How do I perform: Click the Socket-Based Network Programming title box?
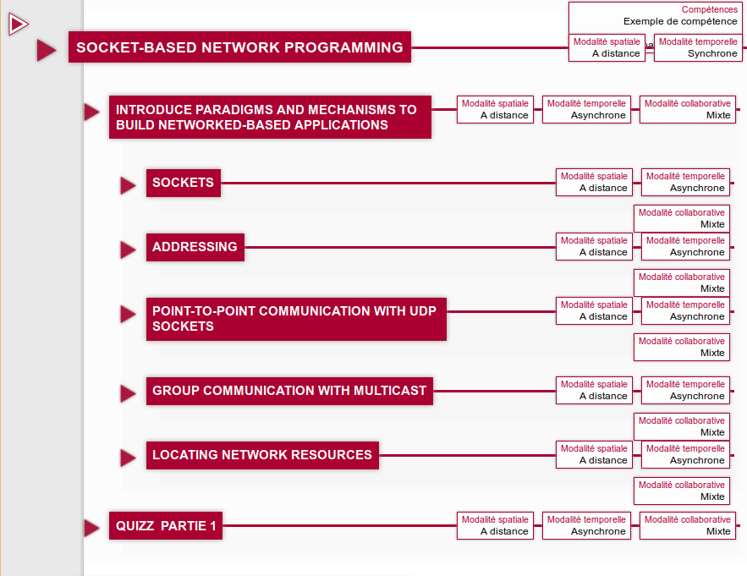pyautogui.click(x=239, y=47)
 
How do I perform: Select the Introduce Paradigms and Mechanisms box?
pyautogui.click(x=270, y=118)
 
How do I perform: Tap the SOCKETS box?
pyautogui.click(x=184, y=183)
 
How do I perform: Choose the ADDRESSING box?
pyautogui.click(x=195, y=247)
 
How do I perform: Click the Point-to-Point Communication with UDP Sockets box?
pyautogui.click(x=296, y=319)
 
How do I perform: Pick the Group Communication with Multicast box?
pyautogui.click(x=289, y=391)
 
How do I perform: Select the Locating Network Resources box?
pyautogui.click(x=262, y=455)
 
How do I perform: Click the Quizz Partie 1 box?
pyautogui.click(x=166, y=525)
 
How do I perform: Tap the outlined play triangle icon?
pyautogui.click(x=18, y=25)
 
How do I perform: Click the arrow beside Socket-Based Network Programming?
pyautogui.click(x=47, y=50)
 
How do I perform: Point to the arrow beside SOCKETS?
pyautogui.click(x=128, y=185)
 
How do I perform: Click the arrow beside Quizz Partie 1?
pyautogui.click(x=91, y=528)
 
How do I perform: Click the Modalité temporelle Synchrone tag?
pyautogui.click(x=698, y=47)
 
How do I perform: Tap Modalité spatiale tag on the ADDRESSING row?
pyautogui.click(x=594, y=246)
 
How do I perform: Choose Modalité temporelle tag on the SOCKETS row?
pyautogui.click(x=685, y=182)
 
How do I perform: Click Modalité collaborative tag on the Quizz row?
pyautogui.click(x=688, y=525)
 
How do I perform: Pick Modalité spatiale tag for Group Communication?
pyautogui.click(x=594, y=390)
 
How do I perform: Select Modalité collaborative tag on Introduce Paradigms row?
pyautogui.click(x=688, y=109)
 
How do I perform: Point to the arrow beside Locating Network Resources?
pyautogui.click(x=128, y=458)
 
